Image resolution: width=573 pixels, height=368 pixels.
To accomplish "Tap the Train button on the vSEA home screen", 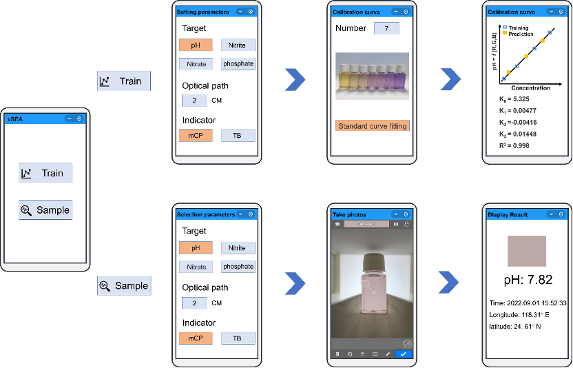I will pyautogui.click(x=45, y=173).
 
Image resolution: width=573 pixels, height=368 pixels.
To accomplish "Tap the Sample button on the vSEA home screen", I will pyautogui.click(x=45, y=210).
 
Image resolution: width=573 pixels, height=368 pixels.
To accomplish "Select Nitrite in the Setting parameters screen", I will pyautogui.click(x=238, y=45).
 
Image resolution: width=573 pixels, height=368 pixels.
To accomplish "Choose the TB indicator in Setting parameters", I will pyautogui.click(x=238, y=136).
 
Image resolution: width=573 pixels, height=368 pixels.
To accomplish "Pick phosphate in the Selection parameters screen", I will pyautogui.click(x=238, y=267).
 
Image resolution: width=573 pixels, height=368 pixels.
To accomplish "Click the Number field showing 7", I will pyautogui.click(x=386, y=28).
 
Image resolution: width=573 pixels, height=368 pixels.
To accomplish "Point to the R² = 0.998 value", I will pyautogui.click(x=514, y=145).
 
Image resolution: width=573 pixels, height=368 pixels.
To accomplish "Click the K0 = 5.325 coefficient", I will pyautogui.click(x=514, y=99).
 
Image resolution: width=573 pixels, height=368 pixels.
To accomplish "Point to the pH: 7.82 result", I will pyautogui.click(x=527, y=280).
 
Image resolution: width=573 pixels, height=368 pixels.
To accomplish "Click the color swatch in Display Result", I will pyautogui.click(x=526, y=251).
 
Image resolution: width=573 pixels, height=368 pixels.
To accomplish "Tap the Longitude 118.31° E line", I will pyautogui.click(x=523, y=315).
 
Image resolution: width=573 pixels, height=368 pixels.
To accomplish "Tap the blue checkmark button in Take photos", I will pyautogui.click(x=403, y=354).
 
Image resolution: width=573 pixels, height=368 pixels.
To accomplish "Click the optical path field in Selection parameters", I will pyautogui.click(x=194, y=303).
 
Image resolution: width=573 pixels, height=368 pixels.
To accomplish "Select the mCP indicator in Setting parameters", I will pyautogui.click(x=196, y=136).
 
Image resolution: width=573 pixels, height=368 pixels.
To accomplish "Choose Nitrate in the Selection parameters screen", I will pyautogui.click(x=196, y=267).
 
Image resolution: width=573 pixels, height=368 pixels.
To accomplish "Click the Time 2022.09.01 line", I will pyautogui.click(x=528, y=303).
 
